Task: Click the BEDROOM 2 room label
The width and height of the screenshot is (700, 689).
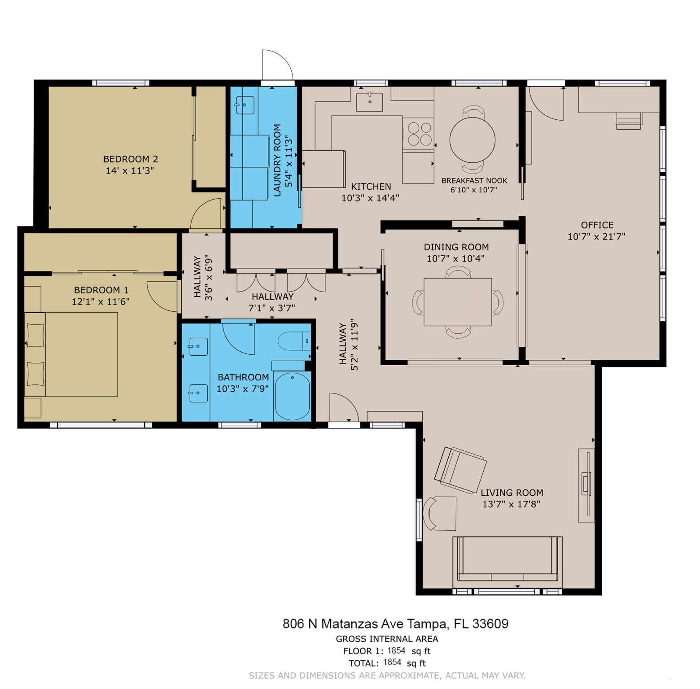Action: coord(131,159)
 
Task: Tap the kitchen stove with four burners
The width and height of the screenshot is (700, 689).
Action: coord(418,134)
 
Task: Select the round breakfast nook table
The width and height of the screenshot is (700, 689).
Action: coord(472,140)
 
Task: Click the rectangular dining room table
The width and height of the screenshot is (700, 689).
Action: coord(458,302)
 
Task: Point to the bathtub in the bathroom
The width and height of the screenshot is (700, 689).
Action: coord(292,396)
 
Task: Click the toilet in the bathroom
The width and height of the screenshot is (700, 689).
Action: coord(294,341)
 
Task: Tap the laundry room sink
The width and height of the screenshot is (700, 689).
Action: coord(245,105)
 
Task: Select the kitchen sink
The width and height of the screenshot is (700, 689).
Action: coord(369,102)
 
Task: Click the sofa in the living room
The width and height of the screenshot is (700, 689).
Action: coord(507,562)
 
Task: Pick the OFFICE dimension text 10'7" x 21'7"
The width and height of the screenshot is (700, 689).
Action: coord(596,237)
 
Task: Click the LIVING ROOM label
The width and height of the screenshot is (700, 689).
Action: coord(512,493)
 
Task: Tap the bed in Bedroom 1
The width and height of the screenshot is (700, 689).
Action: coord(71,354)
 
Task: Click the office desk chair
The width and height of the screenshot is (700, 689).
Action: coord(629,121)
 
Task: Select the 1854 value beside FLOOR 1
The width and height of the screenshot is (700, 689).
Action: coord(396,650)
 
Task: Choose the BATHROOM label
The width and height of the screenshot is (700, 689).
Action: coord(243,378)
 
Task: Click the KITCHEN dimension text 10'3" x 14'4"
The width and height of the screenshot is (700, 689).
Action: coord(370,198)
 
